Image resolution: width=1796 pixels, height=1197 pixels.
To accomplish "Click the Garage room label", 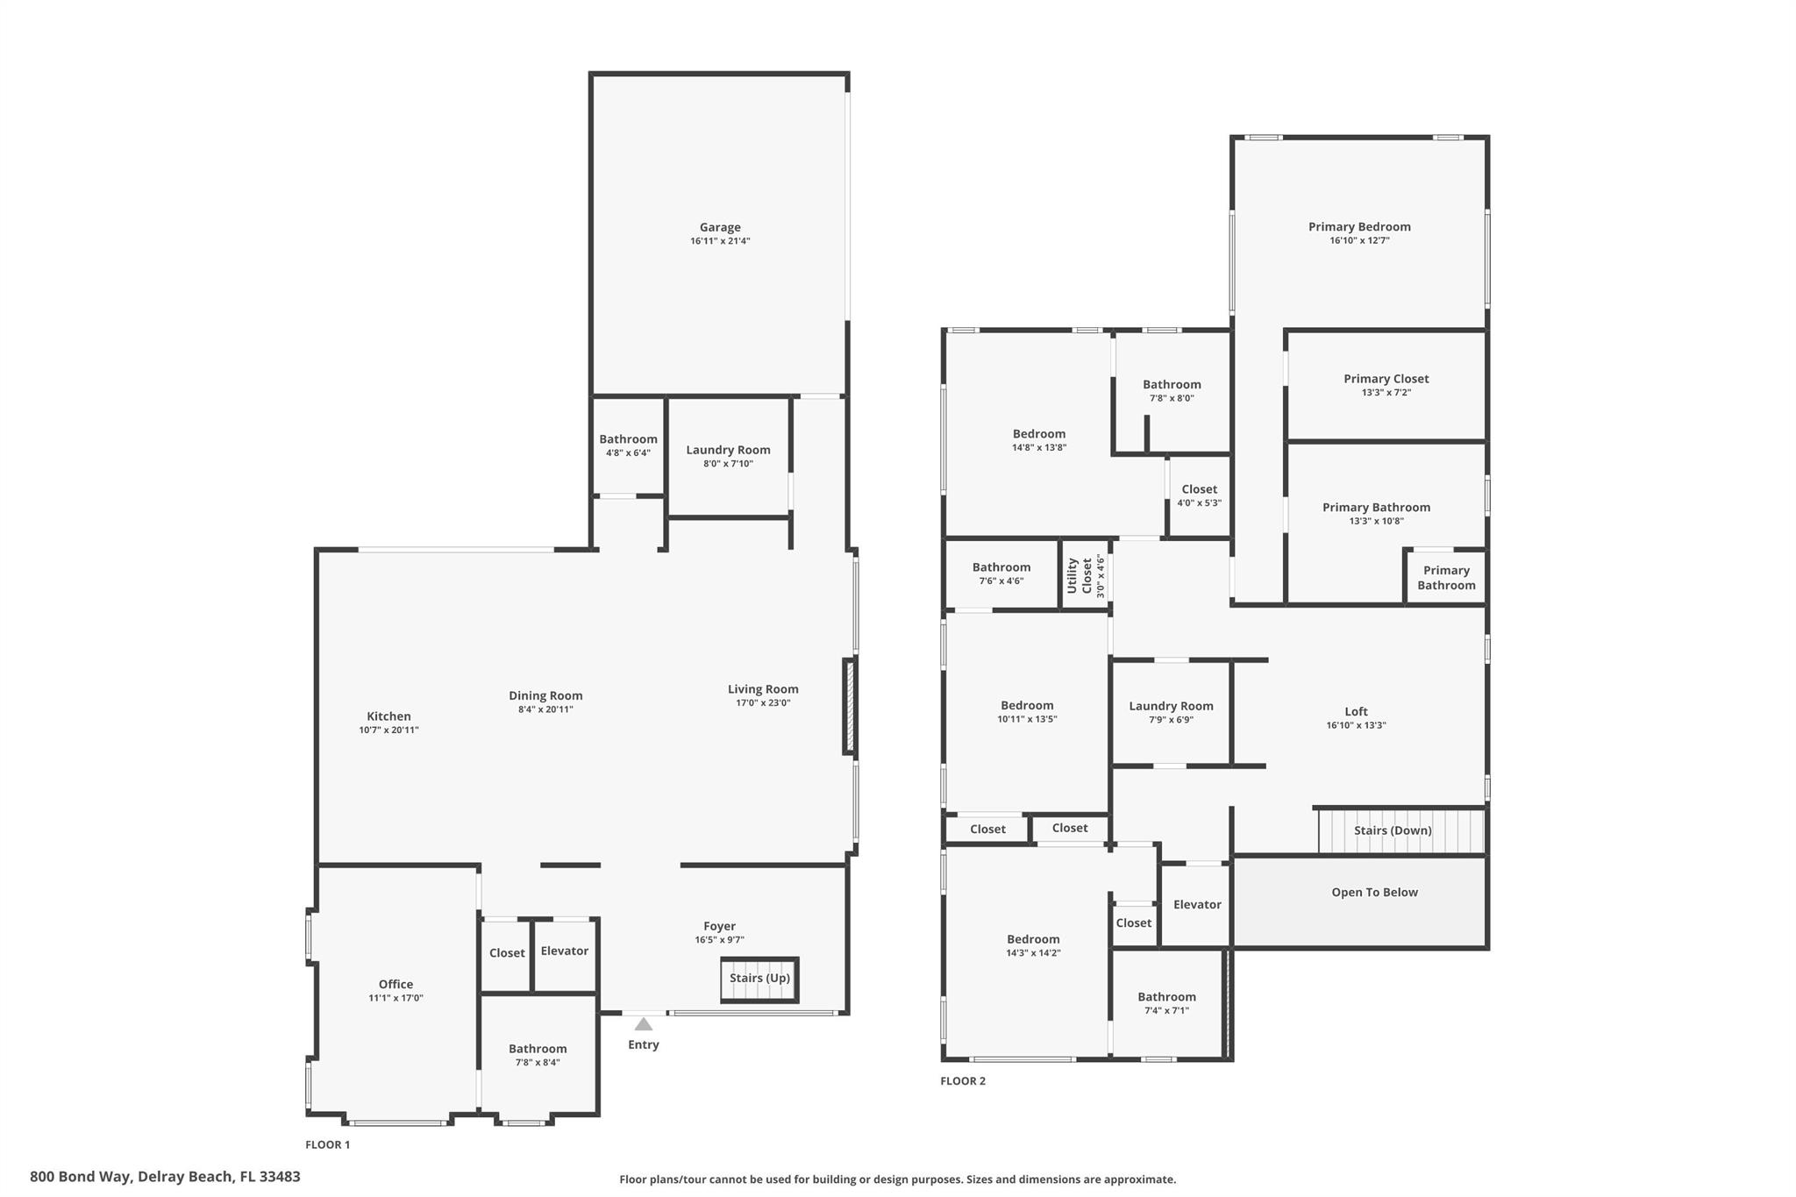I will [719, 227].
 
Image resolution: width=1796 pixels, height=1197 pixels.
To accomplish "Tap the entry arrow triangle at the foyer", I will [643, 1024].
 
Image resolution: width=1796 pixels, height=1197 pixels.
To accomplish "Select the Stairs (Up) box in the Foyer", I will [759, 979].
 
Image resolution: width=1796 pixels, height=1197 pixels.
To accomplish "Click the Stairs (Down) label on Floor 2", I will [1393, 830].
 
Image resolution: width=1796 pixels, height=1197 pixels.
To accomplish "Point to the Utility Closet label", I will [1086, 575].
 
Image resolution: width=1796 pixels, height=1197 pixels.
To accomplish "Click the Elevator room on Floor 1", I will [564, 951].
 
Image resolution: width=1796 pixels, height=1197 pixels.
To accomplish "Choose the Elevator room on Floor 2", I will [1197, 905].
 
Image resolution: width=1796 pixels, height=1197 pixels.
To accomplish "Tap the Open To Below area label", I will [1374, 893].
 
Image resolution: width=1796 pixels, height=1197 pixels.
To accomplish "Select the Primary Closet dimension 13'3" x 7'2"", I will [1386, 393].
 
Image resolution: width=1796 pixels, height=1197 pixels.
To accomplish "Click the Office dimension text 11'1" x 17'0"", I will [396, 998].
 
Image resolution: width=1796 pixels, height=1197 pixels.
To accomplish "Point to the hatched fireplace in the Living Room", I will [849, 707].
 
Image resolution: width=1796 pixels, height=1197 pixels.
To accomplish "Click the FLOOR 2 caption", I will [962, 1081].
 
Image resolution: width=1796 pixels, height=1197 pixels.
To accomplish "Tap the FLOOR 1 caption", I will [327, 1144].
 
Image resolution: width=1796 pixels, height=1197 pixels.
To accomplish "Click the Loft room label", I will [1356, 712].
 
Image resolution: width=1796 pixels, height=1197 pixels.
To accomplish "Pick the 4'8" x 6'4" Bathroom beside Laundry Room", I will [628, 445].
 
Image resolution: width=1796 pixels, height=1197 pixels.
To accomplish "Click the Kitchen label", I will [388, 716].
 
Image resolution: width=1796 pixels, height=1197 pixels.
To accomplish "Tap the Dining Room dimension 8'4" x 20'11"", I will [545, 709].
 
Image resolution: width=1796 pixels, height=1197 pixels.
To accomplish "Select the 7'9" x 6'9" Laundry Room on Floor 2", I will [1171, 712].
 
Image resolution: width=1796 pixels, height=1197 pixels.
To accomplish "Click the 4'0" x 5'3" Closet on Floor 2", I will [1199, 495].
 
